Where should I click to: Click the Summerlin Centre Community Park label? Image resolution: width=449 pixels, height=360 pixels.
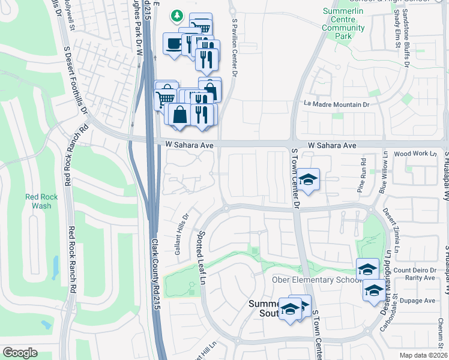(x=343, y=24)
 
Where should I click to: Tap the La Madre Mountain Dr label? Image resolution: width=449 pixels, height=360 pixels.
(x=336, y=104)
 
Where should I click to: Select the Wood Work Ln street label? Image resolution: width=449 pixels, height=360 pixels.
(x=415, y=154)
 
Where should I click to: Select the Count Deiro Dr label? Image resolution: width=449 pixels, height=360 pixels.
(x=414, y=271)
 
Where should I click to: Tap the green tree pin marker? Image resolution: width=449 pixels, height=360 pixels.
(x=176, y=15)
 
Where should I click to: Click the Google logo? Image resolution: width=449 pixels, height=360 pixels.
(x=20, y=353)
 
